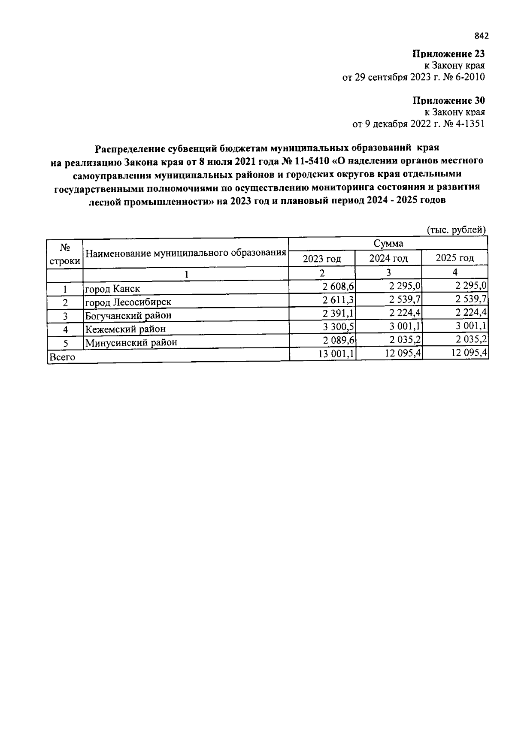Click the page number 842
[x=482, y=36]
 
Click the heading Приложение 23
[x=448, y=54]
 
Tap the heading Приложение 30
[x=448, y=101]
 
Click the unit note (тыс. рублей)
[x=456, y=230]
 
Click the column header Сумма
[x=388, y=243]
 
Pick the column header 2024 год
[x=388, y=258]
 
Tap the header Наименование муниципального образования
[x=185, y=253]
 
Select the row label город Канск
[x=112, y=288]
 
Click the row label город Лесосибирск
[x=128, y=302]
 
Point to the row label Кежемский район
[x=125, y=329]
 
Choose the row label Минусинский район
[x=131, y=342]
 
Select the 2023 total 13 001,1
[x=335, y=354]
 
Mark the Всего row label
[x=63, y=356]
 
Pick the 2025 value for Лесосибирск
[x=471, y=299]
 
